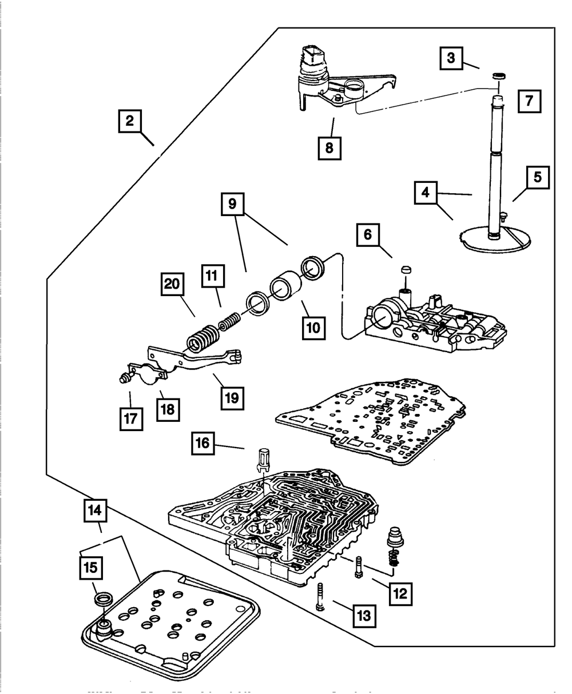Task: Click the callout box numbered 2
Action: point(130,121)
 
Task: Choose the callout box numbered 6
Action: point(367,234)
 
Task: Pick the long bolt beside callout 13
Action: point(319,598)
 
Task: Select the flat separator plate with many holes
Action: point(372,420)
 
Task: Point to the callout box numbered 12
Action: point(399,593)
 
